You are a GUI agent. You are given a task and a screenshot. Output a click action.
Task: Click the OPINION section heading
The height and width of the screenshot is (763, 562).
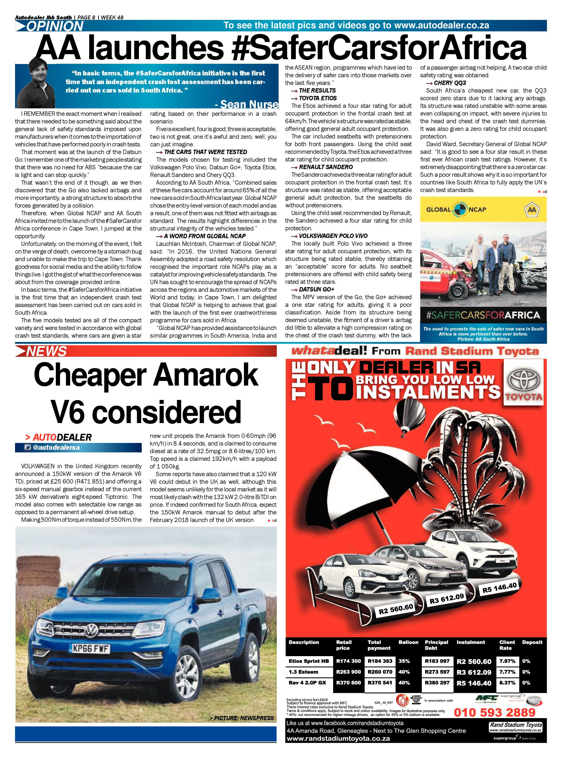point(55,26)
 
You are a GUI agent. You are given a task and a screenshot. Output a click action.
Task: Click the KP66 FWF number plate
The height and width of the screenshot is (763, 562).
point(91,649)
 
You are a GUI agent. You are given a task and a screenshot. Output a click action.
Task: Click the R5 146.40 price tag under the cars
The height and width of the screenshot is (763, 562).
point(499,588)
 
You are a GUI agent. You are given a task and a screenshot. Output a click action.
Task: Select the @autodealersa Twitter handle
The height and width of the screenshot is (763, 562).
point(56,448)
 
